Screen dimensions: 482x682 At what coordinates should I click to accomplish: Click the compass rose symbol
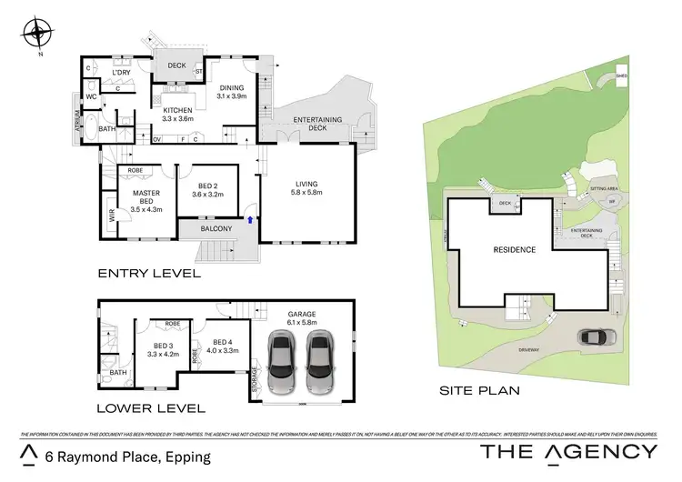[36, 35]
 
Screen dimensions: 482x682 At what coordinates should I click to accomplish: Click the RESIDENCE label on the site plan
[513, 249]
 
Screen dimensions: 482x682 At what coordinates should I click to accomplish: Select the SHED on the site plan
[621, 75]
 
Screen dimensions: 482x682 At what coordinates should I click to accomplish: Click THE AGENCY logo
[567, 452]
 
